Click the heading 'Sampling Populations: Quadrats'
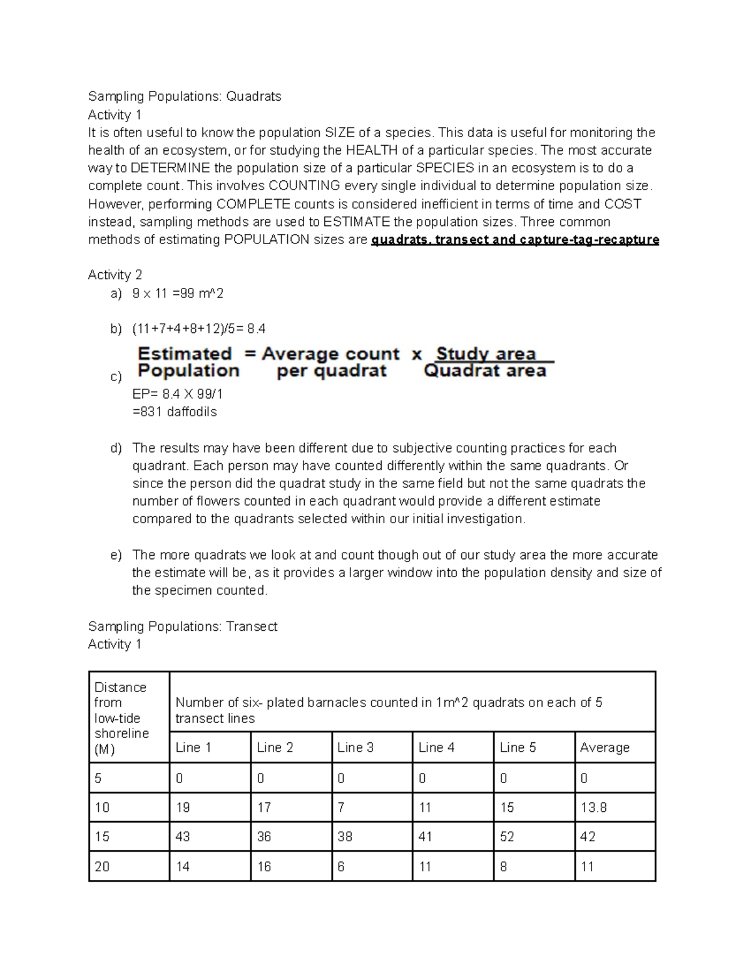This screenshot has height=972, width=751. tap(185, 96)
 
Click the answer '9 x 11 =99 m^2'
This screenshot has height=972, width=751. tap(178, 294)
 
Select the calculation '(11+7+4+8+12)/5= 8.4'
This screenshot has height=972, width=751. tap(198, 329)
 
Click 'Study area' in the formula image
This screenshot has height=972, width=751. tap(486, 354)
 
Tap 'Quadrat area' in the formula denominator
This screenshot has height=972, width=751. tap(485, 371)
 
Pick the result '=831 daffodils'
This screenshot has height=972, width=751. tap(175, 412)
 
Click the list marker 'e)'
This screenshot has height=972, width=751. tap(116, 556)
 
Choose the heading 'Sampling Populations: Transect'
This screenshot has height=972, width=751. tap(183, 627)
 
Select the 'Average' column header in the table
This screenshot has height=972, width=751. tap(605, 747)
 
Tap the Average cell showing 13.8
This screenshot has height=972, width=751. tap(593, 807)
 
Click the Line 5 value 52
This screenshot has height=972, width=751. tap(507, 837)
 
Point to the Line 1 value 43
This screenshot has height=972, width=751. tap(183, 837)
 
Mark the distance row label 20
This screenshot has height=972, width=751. tap(102, 867)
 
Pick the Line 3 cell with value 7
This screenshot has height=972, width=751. tap(341, 807)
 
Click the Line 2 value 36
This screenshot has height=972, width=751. tap(264, 837)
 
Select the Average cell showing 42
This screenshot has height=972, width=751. tap(588, 837)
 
